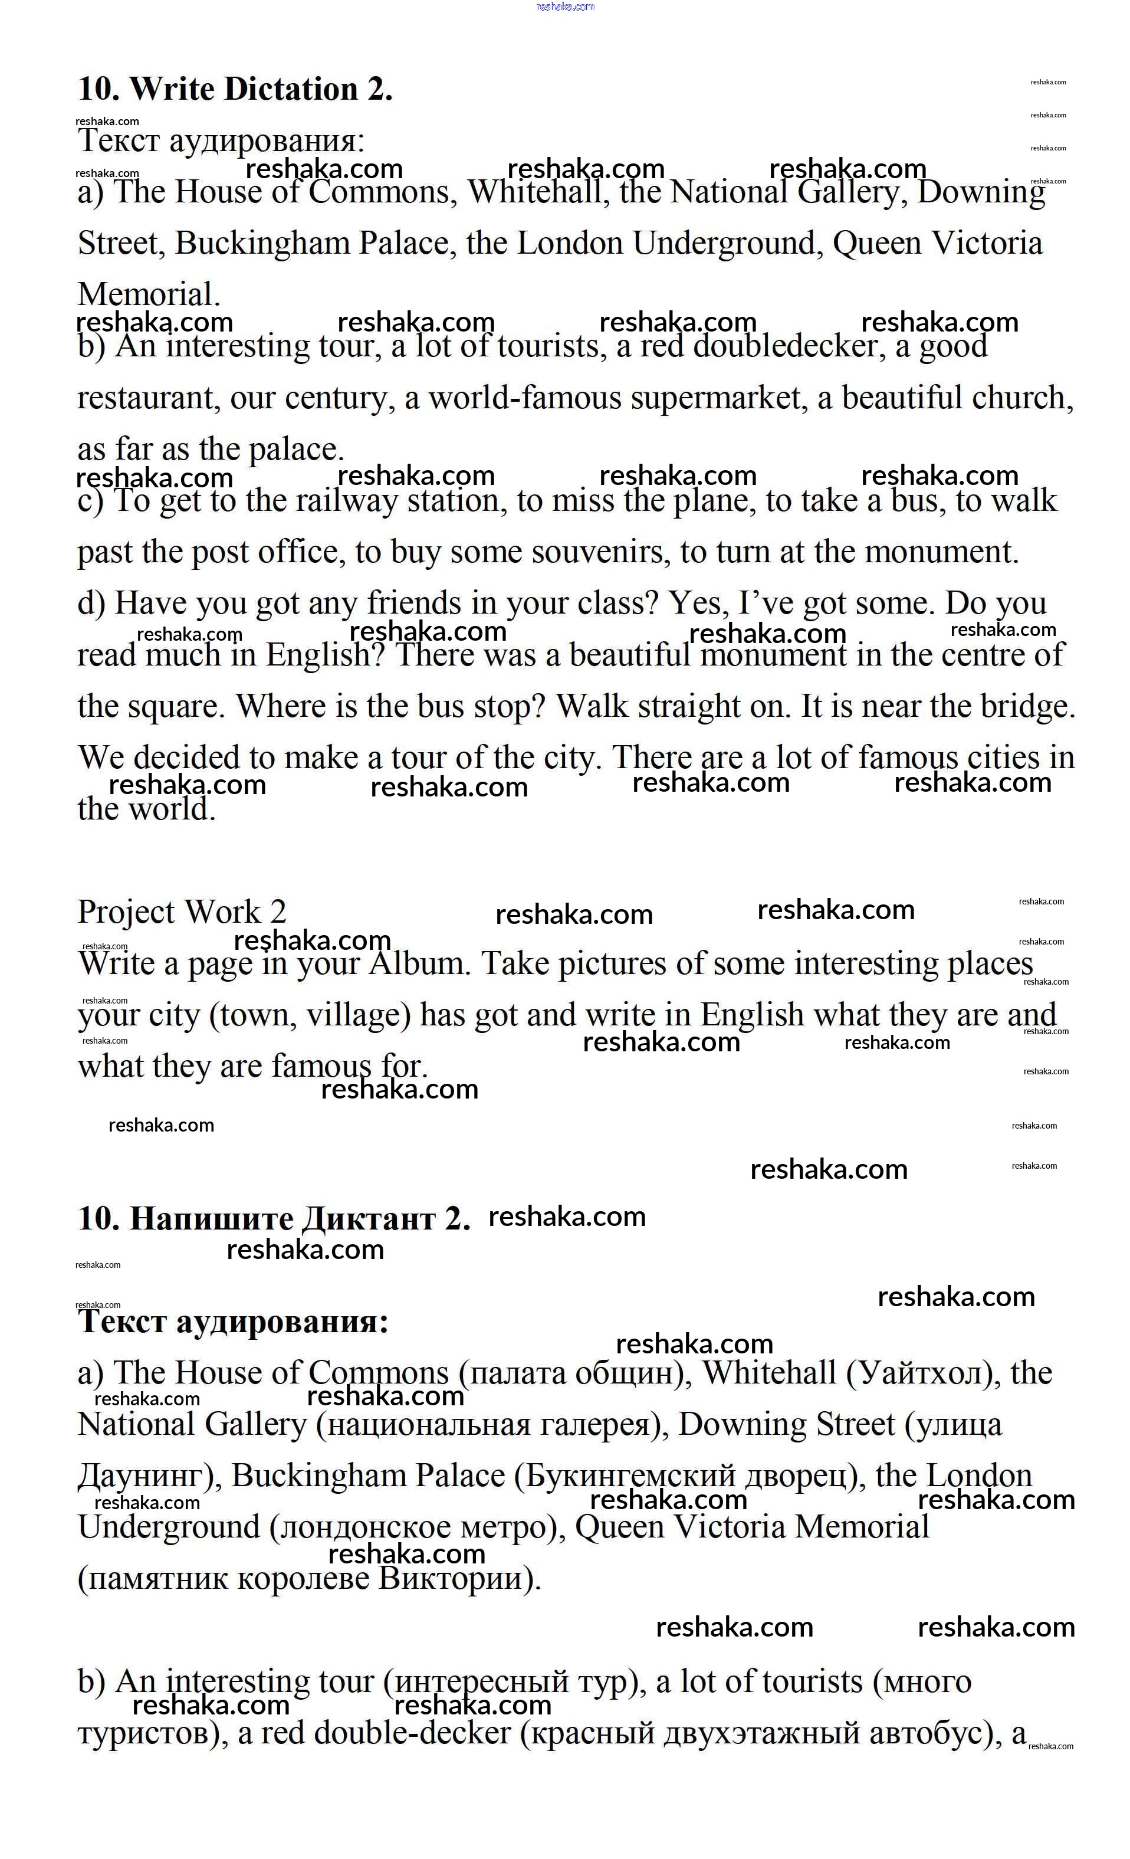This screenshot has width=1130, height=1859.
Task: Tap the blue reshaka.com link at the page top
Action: (x=565, y=7)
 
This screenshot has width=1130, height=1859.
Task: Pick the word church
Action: (x=1017, y=398)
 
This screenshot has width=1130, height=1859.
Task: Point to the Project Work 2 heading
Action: (x=182, y=912)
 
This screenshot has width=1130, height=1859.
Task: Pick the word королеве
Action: (x=303, y=1580)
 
